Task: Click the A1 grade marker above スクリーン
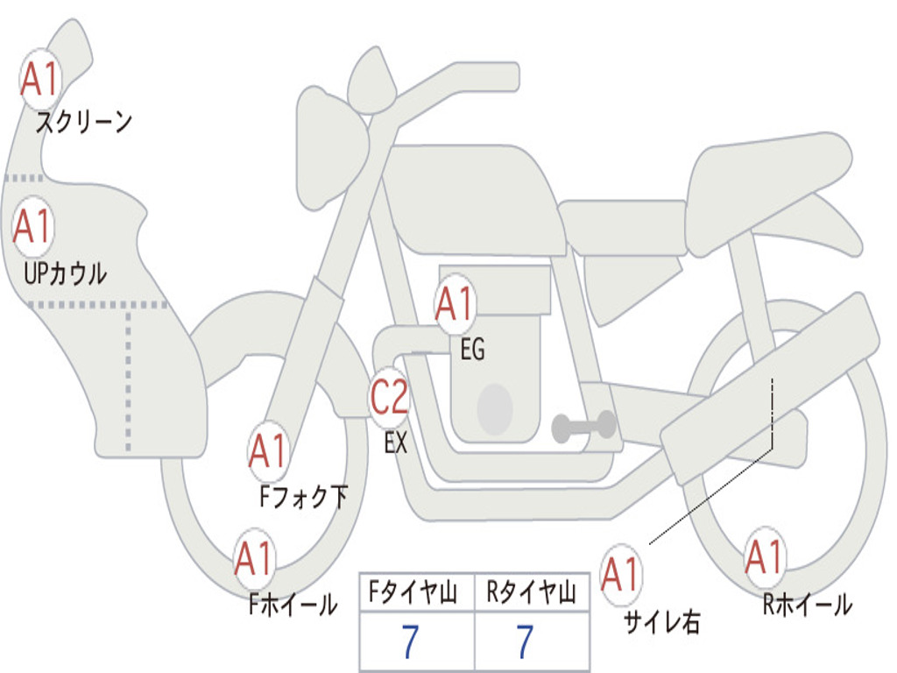39,80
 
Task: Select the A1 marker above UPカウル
33,227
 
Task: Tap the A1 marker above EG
455,305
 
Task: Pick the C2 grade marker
389,399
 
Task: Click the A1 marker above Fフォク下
267,451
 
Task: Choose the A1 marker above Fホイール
254,558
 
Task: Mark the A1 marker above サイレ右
621,575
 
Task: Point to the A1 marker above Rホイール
765,557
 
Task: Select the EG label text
472,351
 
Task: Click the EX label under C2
396,443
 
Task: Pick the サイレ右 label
661,622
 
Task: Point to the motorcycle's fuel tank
473,197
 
